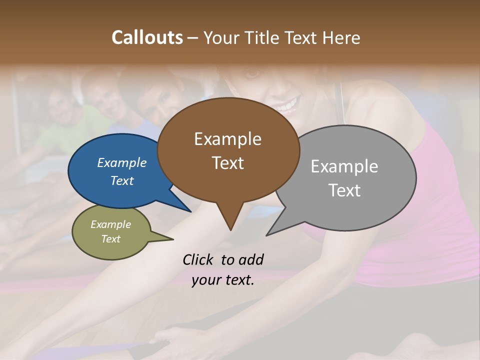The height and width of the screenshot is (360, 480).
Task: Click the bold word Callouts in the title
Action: point(147,37)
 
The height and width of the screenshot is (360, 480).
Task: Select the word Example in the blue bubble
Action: point(122,162)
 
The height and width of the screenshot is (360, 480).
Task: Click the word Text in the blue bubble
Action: point(122,180)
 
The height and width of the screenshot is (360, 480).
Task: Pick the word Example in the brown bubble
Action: point(227,139)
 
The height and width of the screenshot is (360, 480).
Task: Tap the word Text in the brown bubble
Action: point(227,163)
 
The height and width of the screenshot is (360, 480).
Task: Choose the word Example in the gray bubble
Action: point(344,166)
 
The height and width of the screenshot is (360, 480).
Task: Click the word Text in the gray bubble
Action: point(344,190)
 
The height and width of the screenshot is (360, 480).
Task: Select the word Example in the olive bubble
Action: point(111,224)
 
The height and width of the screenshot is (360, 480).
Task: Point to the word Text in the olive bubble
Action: point(111,239)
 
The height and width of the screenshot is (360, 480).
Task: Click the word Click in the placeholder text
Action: point(198,259)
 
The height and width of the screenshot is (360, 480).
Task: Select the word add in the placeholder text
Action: point(251,259)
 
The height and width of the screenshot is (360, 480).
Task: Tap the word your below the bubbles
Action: point(205,280)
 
